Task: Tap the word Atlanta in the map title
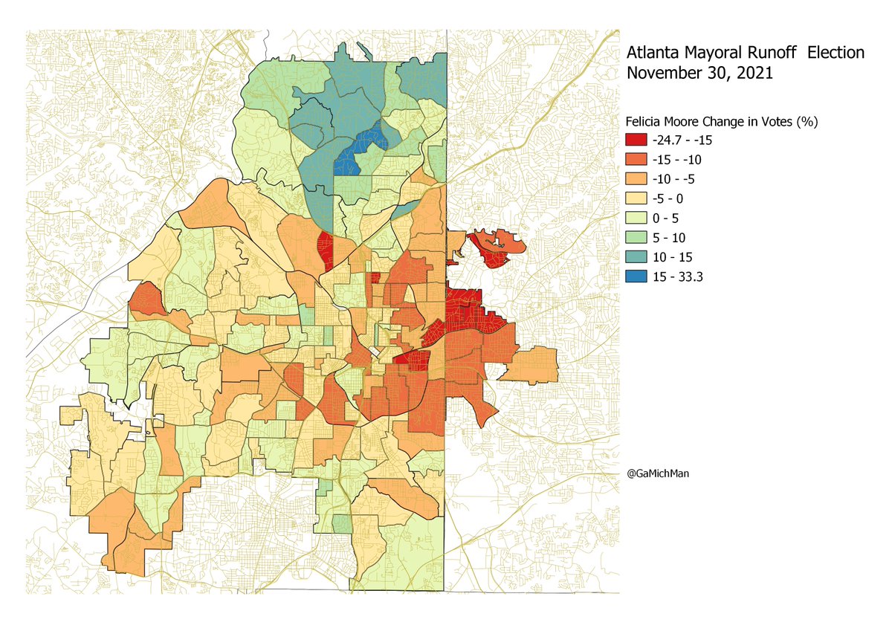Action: [x=653, y=54]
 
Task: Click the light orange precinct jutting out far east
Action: [x=534, y=364]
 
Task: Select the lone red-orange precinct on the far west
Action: [x=146, y=300]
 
